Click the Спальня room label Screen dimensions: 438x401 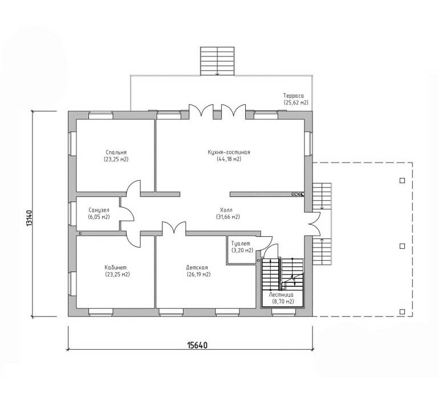116,152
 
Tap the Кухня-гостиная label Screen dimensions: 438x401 229,152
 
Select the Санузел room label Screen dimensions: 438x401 99,210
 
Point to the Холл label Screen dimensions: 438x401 226,210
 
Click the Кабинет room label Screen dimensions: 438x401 115,268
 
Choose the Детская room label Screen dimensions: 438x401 197,268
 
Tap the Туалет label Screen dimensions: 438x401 241,244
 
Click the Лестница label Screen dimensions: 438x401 281,295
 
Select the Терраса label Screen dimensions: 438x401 293,96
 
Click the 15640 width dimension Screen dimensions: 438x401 197,346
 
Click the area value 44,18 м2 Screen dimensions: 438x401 229,159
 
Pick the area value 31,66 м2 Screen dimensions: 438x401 228,217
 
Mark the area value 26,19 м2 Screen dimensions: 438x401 198,274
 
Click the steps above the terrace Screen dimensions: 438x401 217,61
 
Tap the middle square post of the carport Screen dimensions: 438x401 402,246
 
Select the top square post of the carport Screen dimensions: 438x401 402,180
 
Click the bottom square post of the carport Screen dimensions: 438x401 402,311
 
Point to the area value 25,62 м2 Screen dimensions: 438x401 296,103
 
